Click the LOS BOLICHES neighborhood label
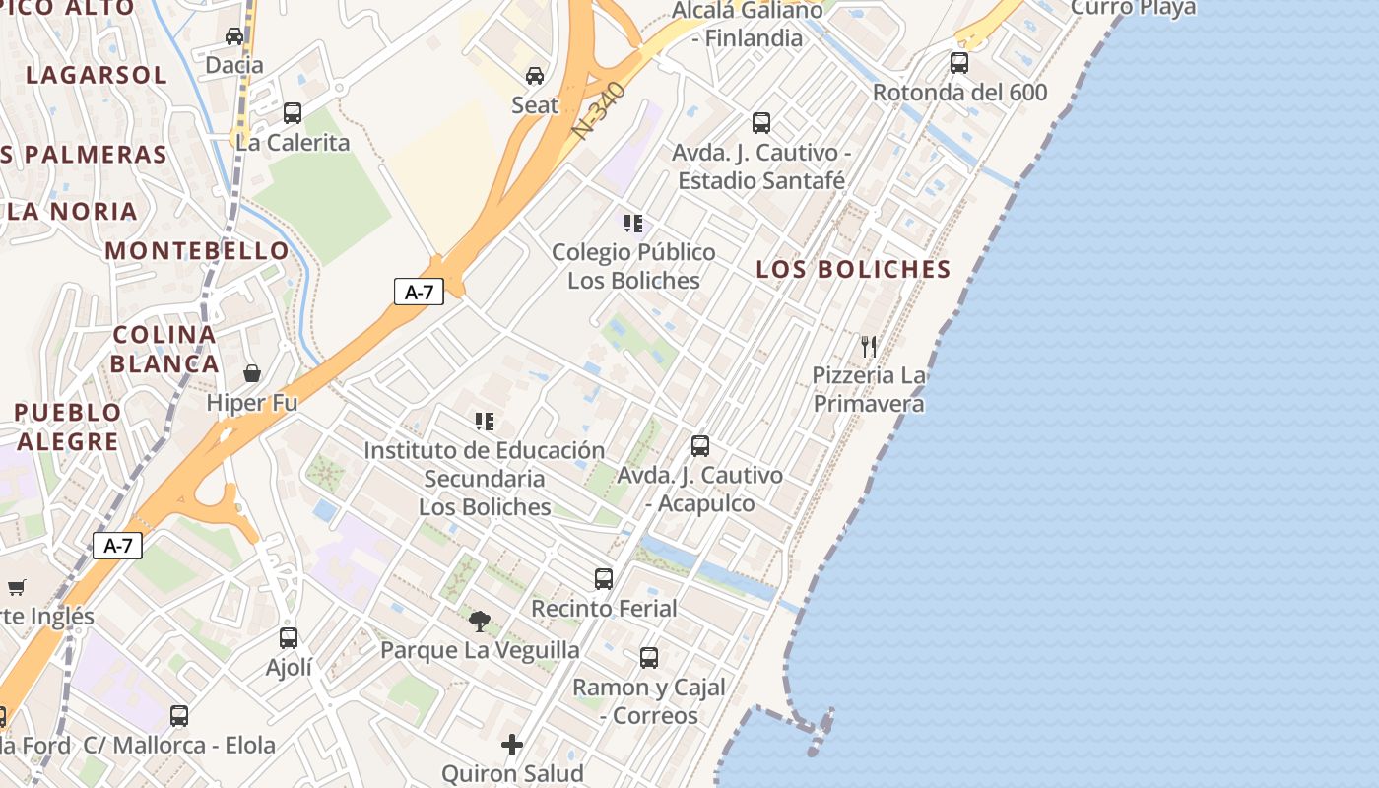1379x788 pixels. pos(853,269)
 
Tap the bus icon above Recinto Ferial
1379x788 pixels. pos(604,579)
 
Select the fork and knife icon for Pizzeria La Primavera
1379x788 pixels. pos(869,346)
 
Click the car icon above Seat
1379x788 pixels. pos(535,76)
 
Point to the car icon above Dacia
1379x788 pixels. pos(234,36)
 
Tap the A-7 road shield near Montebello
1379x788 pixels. pos(419,292)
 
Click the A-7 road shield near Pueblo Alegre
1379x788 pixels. pos(117,546)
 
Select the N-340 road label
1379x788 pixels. pos(599,110)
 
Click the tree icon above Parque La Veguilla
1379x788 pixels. pos(480,621)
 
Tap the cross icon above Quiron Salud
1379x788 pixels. pos(512,745)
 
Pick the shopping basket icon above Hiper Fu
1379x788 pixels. pos(252,373)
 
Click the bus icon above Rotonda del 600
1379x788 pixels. pos(959,63)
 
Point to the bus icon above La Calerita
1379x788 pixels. pos(293,113)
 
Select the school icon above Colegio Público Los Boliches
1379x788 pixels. pos(633,224)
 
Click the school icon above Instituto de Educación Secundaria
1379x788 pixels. pos(484,422)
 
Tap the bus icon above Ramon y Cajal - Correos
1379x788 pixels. pos(649,658)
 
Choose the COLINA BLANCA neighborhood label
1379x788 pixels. pos(164,349)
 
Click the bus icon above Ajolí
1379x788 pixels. pos(289,638)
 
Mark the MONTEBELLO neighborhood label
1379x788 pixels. pos(197,250)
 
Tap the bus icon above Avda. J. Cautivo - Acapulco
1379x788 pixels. pos(700,446)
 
